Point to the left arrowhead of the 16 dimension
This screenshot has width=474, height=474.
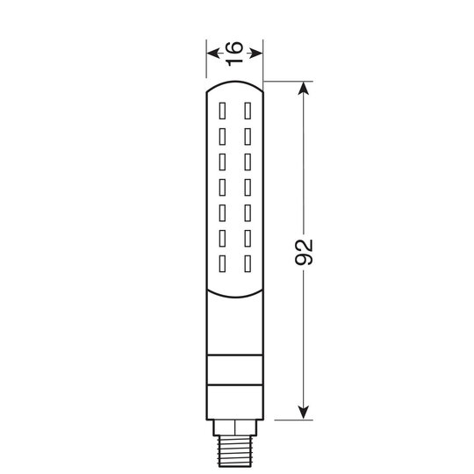(x=212, y=53)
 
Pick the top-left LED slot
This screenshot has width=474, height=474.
(x=223, y=112)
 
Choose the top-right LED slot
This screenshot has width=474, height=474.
(x=248, y=112)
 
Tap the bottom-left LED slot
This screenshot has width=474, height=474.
(x=223, y=262)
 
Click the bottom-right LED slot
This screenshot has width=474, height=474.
(x=248, y=262)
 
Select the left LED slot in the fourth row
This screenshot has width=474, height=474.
(x=223, y=187)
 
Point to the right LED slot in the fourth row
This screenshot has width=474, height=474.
(x=248, y=187)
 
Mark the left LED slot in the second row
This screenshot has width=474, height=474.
(x=223, y=137)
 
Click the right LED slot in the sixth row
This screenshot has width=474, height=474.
(x=248, y=237)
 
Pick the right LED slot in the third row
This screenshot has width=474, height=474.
(x=248, y=162)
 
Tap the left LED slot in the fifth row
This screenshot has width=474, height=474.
(x=223, y=212)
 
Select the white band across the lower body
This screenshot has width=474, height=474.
(x=235, y=371)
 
